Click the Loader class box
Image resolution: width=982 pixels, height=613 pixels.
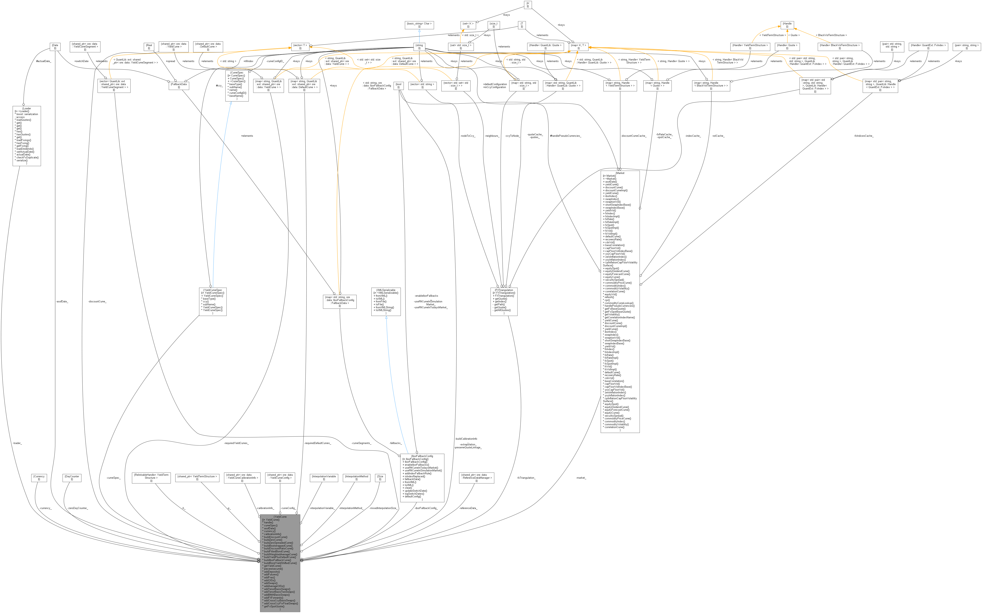point(27,136)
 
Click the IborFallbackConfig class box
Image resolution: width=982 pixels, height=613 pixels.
point(422,478)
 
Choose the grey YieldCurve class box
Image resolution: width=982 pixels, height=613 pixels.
point(280,563)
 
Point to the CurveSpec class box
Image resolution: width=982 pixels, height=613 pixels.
point(237,85)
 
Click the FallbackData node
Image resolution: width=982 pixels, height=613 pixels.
point(179,85)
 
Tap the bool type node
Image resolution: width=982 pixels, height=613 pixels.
point(398,85)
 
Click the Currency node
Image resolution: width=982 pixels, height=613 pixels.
point(39,478)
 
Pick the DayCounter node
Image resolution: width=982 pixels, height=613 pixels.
point(72,478)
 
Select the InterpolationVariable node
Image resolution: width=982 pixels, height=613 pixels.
point(324,478)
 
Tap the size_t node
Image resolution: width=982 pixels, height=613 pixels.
point(494,25)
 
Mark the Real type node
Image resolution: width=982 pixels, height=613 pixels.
point(149,47)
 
